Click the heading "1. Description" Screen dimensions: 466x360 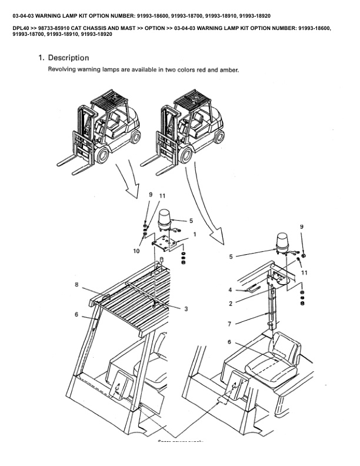pyautogui.click(x=64, y=58)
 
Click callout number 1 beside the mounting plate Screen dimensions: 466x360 pyautogui.click(x=195, y=234)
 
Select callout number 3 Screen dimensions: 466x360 pyautogui.click(x=186, y=308)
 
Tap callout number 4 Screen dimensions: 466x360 pyautogui.click(x=230, y=289)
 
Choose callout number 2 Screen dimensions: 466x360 pyautogui.click(x=231, y=304)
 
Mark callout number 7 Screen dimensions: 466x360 pyautogui.click(x=231, y=323)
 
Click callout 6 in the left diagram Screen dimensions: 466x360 pyautogui.click(x=76, y=315)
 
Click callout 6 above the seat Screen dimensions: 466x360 pyautogui.click(x=229, y=342)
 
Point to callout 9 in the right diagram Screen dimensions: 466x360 pyautogui.click(x=302, y=227)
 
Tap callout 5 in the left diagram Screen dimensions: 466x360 pyautogui.click(x=191, y=221)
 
